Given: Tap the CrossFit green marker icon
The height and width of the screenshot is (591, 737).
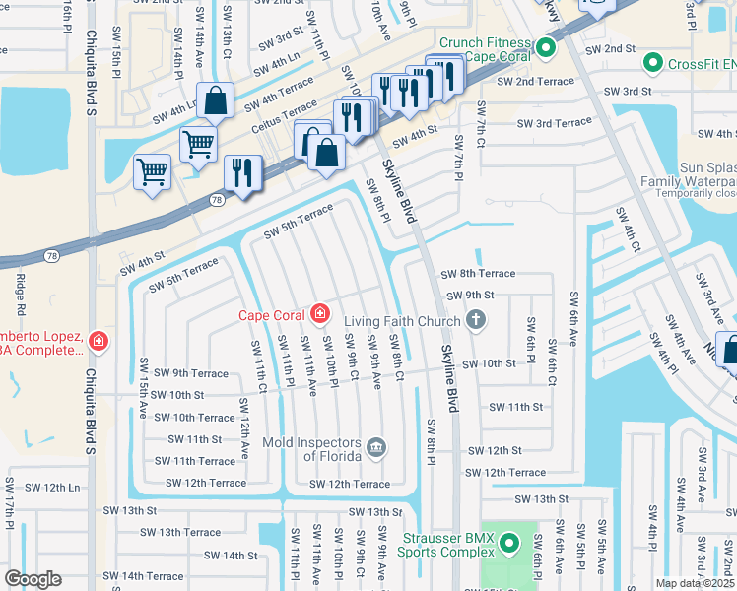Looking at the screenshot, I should pos(651,64).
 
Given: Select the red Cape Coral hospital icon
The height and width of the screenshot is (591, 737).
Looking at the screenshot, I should pos(319,315).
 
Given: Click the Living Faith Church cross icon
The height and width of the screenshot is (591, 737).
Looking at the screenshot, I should pos(476,320).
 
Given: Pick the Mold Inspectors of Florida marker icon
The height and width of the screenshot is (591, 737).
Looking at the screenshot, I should pos(375,448).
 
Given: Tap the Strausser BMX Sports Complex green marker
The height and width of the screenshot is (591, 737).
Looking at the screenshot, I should pos(508,543).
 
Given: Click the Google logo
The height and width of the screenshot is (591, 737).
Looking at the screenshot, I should pos(33,579).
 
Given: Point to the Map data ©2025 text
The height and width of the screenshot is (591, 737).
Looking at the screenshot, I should pos(695,583).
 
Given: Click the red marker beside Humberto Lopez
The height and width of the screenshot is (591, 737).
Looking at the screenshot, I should pos(98,342).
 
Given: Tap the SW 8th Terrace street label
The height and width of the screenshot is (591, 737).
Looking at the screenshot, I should pos(478,274).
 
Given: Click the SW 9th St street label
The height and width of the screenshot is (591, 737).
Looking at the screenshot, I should pos(470,295).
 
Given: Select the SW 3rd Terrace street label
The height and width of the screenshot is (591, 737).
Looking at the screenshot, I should pos(556,123).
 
